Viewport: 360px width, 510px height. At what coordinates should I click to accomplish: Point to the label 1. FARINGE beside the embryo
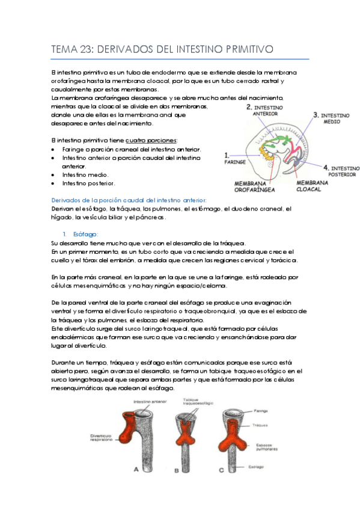[x=235, y=158]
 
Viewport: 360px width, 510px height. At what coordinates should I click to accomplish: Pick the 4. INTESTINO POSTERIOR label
[x=340, y=171]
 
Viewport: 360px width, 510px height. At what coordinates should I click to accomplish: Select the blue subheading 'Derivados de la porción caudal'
[x=129, y=200]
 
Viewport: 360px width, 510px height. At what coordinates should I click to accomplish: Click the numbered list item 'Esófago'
[x=85, y=234]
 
